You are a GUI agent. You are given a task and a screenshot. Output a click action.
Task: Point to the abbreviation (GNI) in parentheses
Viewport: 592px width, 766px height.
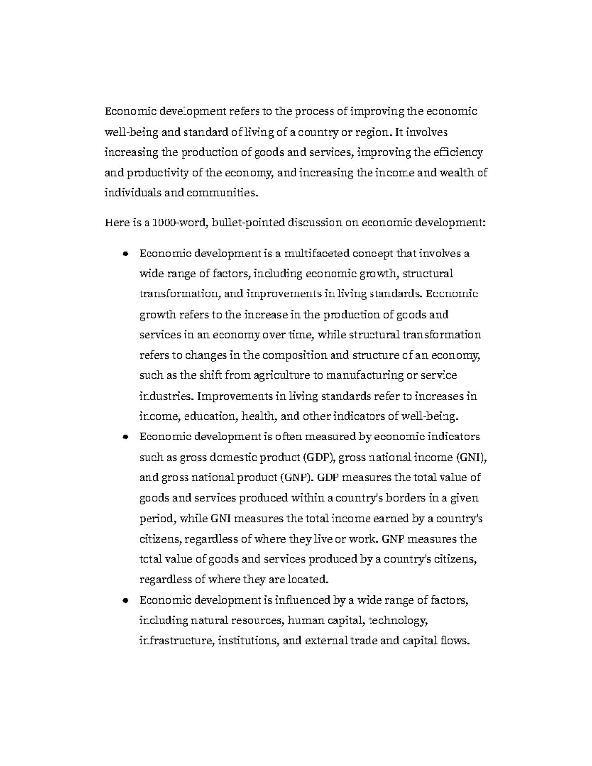472,457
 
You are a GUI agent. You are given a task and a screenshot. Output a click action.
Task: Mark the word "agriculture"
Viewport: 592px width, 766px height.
282,375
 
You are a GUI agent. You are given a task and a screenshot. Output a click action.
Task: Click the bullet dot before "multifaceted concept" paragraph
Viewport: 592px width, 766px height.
126,254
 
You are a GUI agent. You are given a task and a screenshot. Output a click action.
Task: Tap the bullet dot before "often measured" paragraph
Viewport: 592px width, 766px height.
126,437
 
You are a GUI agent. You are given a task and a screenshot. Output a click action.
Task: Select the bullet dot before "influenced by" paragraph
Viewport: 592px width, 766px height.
126,601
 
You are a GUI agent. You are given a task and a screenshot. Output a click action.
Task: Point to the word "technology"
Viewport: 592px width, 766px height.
398,620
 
